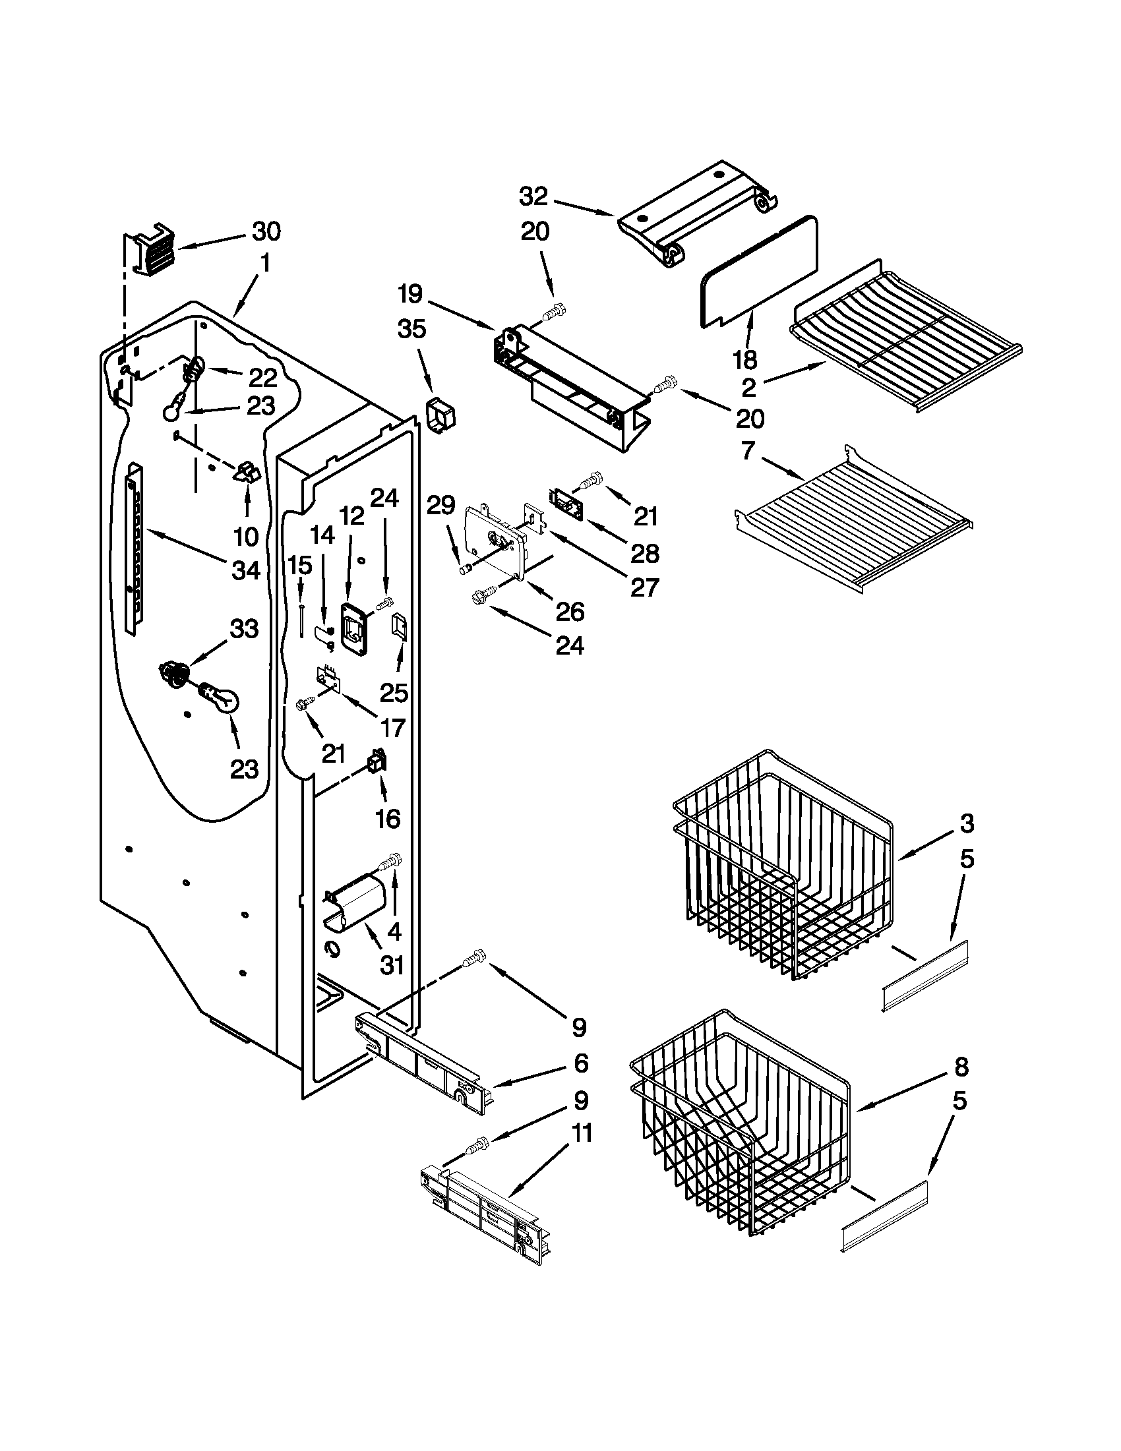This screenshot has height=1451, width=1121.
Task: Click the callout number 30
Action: [x=266, y=231]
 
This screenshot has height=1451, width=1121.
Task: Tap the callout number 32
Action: [x=533, y=196]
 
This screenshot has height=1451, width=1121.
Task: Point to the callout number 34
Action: [x=246, y=570]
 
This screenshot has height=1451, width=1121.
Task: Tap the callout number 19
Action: [x=411, y=293]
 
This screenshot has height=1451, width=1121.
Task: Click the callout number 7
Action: [x=748, y=450]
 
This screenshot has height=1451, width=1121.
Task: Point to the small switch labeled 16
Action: [x=377, y=763]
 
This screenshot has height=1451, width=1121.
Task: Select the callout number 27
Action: [x=644, y=587]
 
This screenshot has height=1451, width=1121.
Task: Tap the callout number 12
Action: [x=352, y=516]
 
